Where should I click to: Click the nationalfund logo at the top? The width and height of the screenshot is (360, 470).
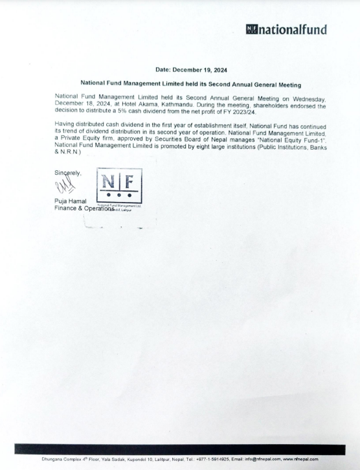(286, 29)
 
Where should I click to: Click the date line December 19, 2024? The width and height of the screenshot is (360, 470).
(192, 69)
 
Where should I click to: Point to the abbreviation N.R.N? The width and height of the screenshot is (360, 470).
(67, 153)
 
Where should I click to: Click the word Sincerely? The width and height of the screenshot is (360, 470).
(68, 173)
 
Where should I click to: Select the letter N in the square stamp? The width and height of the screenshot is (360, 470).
(109, 179)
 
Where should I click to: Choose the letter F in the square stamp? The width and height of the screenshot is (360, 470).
(129, 179)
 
